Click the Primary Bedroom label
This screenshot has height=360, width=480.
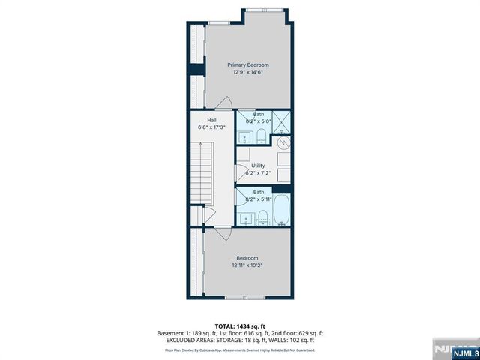click(x=248, y=65)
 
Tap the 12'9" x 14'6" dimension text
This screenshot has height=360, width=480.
click(x=248, y=73)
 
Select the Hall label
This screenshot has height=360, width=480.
click(x=211, y=120)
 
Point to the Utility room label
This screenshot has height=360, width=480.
click(x=258, y=166)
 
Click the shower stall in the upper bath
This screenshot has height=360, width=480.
click(x=281, y=121)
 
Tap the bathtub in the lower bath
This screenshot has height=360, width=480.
click(x=282, y=209)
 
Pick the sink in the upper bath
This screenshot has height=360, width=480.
click(x=245, y=136)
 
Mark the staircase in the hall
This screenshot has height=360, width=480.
click(x=201, y=176)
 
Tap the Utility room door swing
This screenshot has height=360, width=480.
click(x=241, y=173)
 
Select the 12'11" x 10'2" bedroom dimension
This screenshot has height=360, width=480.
click(x=247, y=265)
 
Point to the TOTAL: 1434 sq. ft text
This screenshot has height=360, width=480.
click(x=239, y=325)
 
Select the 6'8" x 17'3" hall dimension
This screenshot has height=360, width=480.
click(x=211, y=127)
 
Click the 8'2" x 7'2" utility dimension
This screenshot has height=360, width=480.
click(x=258, y=173)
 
